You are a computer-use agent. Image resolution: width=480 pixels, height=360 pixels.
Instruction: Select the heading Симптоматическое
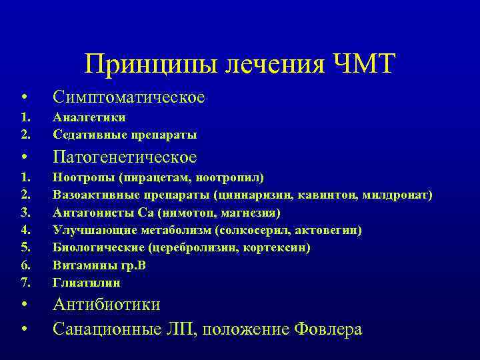(129, 97)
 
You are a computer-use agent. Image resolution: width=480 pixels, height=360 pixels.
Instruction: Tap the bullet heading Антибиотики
(107, 305)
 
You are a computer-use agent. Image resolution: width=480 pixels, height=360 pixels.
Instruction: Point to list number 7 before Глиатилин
(25, 282)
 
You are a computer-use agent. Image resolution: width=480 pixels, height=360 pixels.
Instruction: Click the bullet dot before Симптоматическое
(24, 98)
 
